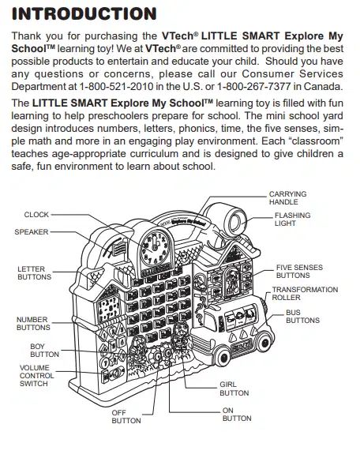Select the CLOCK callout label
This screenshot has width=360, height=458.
point(36,215)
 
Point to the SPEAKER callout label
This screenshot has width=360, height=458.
point(32,232)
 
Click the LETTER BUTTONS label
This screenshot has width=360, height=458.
point(34,273)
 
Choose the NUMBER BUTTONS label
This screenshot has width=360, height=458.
point(32,324)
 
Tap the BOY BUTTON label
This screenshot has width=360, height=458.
point(44,351)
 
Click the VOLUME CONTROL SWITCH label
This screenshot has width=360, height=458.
point(37,375)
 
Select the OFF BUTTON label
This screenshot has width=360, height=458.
point(126,416)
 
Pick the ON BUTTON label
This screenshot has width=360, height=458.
point(237,414)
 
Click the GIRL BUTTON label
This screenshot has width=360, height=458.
point(234,389)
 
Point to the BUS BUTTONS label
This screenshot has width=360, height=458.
point(302,317)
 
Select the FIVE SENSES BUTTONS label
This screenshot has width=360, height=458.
point(299,272)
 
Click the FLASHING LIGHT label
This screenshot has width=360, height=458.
point(292,219)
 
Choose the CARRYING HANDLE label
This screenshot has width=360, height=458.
point(288,197)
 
